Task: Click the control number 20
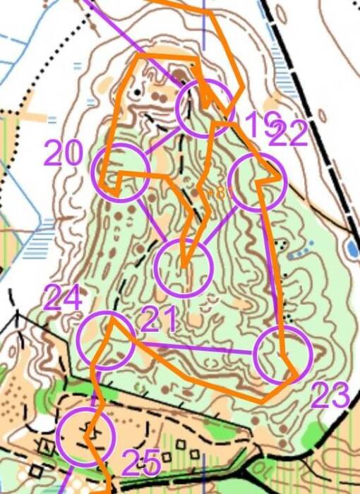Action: [64, 153]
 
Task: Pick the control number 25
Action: [142, 462]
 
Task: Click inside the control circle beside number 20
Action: [121, 171]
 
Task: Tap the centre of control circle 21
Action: [184, 267]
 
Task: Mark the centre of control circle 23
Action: [282, 356]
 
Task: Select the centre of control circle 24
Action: [105, 340]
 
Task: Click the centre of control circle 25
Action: [85, 437]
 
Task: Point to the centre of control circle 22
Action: [258, 181]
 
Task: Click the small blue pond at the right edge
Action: [351, 248]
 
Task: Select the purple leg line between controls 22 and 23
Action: [272, 268]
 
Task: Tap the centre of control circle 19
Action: [205, 108]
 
